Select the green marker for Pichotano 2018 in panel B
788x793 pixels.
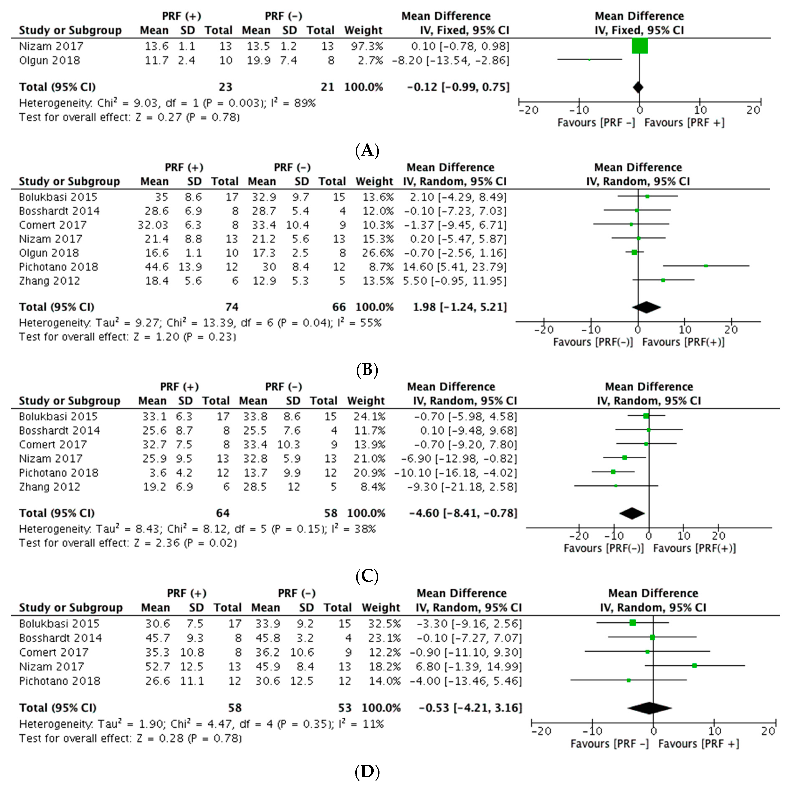706,266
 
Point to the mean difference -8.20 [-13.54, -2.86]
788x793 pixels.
450,60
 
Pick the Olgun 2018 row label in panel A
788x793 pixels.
50,60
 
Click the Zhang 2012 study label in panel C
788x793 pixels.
50,487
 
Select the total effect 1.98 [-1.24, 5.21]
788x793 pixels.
459,307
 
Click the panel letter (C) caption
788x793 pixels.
367,576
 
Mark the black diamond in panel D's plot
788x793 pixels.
649,708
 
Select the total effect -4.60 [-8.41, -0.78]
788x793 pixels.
463,513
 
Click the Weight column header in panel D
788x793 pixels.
380,608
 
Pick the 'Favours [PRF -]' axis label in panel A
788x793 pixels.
596,122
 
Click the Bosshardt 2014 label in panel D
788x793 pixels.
60,638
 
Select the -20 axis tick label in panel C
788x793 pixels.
579,536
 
